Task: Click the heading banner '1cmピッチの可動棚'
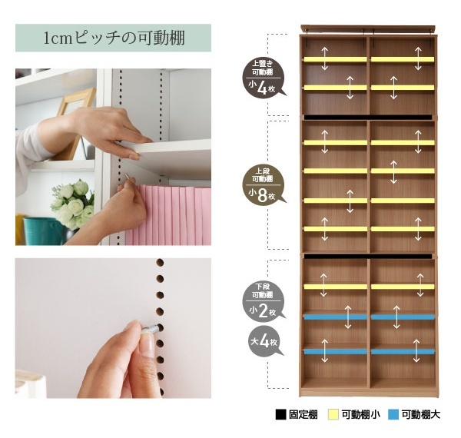click(113, 38)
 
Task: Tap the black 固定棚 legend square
click(280, 415)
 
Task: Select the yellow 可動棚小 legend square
click(334, 415)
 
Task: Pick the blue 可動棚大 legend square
click(393, 415)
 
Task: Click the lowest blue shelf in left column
click(334, 351)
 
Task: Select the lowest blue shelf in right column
click(402, 351)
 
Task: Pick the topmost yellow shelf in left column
click(334, 59)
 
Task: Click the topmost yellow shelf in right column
click(402, 59)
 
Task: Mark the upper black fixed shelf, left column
click(334, 117)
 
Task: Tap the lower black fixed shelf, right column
click(402, 256)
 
